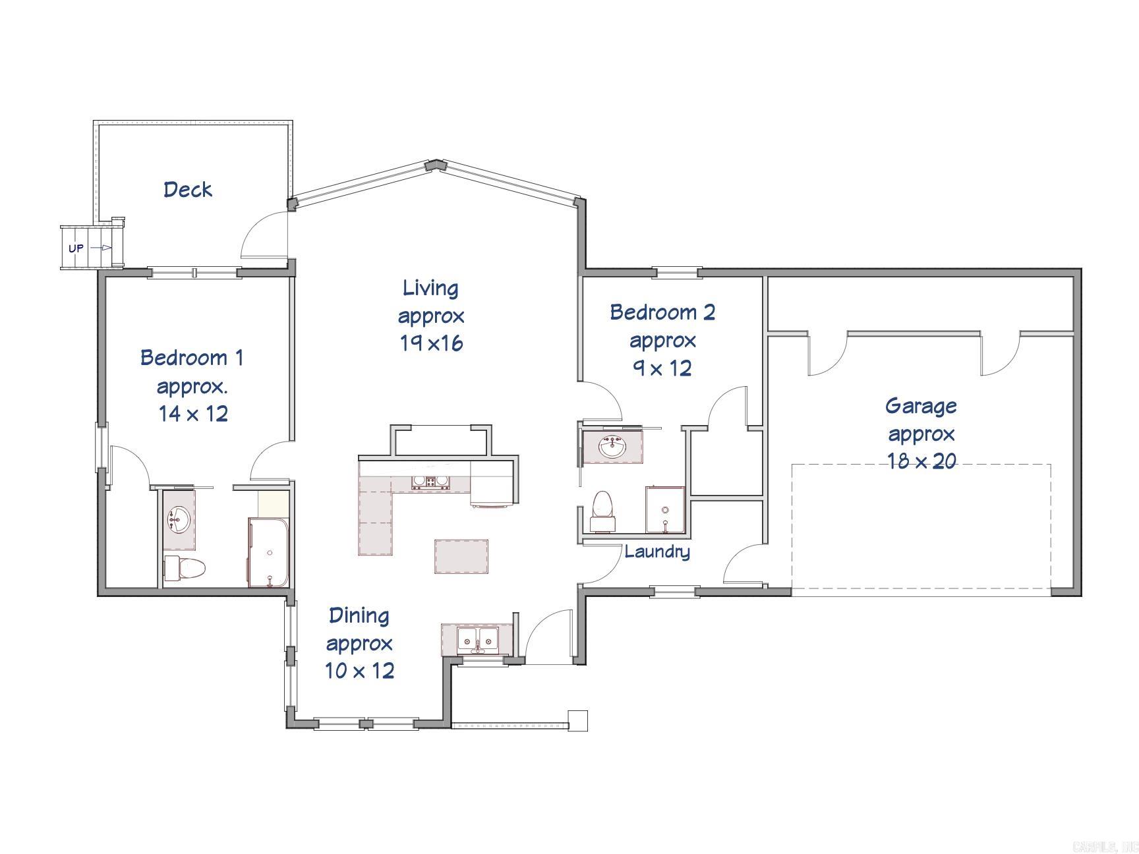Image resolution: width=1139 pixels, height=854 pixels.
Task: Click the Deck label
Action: click(188, 190)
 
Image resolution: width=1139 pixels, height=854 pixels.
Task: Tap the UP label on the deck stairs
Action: click(76, 248)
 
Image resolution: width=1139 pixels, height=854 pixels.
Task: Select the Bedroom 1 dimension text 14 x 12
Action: click(193, 414)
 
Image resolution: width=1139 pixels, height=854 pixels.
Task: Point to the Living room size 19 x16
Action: click(431, 343)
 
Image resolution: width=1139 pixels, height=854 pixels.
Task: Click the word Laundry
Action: click(657, 552)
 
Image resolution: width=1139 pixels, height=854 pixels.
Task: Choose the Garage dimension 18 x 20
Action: click(921, 461)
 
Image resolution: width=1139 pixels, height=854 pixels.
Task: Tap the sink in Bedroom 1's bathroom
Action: click(179, 520)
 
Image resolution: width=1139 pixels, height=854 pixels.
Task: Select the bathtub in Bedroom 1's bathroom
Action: click(268, 552)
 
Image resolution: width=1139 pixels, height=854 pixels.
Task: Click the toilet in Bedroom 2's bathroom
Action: click(603, 511)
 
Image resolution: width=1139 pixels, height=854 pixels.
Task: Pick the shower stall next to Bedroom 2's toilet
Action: click(665, 509)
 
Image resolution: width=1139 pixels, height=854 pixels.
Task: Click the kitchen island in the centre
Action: click(461, 556)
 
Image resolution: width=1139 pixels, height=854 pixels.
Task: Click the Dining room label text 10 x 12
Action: click(359, 671)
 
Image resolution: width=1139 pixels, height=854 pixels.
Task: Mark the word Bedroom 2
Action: click(662, 312)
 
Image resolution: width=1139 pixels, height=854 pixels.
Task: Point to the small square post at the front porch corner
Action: click(577, 720)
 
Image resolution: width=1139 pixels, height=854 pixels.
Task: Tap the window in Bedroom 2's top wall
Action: click(676, 270)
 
